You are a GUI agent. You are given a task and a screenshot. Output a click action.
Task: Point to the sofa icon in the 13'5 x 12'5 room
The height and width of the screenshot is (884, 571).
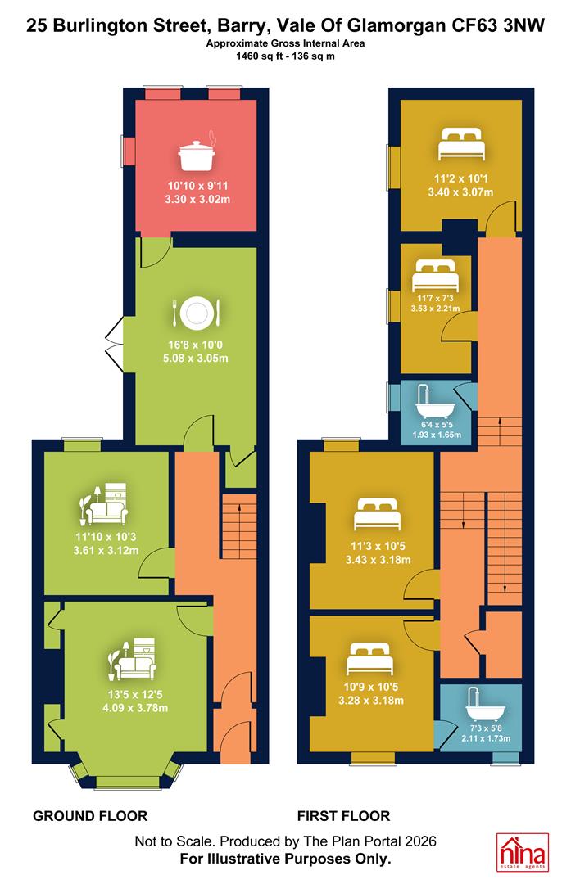tap(133, 659)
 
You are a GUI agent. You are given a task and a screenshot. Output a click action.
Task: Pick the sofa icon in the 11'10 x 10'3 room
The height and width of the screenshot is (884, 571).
tap(106, 503)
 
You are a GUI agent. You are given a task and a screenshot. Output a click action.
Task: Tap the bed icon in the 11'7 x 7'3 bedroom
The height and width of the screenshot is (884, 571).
tap(434, 274)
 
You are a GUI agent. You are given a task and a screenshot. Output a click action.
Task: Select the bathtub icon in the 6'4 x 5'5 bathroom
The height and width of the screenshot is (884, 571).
tap(431, 401)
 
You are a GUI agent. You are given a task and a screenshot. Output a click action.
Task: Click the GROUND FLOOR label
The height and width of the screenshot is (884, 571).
tap(90, 816)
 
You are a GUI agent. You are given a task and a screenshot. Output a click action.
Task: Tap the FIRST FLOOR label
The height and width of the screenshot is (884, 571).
tap(343, 816)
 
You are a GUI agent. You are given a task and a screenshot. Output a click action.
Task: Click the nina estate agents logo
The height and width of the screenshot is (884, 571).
tap(522, 852)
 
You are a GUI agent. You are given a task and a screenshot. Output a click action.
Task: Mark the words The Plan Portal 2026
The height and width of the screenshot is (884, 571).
tap(369, 841)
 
